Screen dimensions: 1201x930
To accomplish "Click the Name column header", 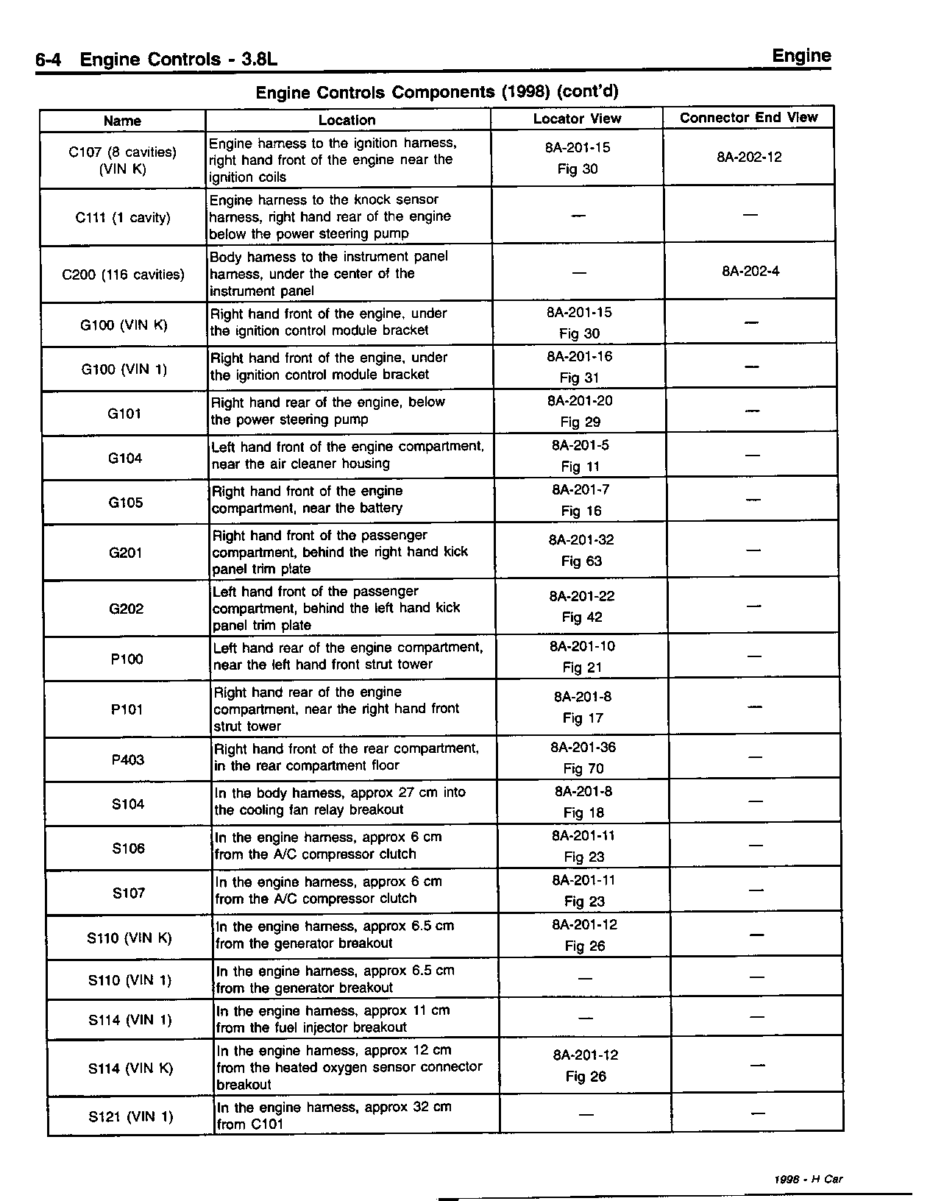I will tap(122, 121).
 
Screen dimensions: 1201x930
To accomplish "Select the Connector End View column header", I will tap(748, 118).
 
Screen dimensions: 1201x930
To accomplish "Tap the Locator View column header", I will tap(577, 118).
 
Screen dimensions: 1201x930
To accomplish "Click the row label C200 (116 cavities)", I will tap(123, 274).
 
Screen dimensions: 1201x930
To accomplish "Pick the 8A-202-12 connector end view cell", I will tap(749, 157).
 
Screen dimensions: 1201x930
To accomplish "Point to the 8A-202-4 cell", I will tap(750, 271).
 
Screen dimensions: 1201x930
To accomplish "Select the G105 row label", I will tap(125, 503).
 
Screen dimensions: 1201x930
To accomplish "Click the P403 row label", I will tap(127, 759).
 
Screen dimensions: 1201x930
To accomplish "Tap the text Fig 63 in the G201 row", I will tap(581, 561).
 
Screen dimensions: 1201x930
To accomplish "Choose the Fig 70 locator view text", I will tap(583, 768).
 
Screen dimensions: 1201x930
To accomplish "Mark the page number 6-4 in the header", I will tap(51, 59).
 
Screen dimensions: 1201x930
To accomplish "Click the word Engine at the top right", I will tap(801, 56).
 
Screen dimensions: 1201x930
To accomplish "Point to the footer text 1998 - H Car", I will tap(808, 1178).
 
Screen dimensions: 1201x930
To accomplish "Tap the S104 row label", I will tap(128, 804).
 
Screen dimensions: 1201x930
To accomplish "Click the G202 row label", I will tap(126, 609).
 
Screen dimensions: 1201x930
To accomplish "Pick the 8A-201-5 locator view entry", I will tap(580, 445).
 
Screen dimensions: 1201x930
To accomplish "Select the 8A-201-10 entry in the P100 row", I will tap(582, 646).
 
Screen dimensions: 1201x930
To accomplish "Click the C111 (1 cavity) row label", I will tap(123, 218).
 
